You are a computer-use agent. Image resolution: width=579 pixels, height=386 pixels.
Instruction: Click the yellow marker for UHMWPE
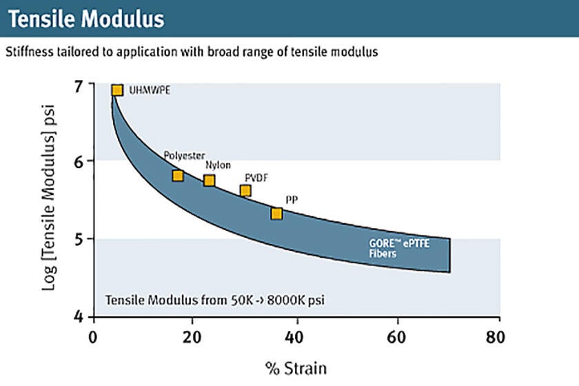point(117,90)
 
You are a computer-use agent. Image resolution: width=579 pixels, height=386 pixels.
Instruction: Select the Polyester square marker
point(178,176)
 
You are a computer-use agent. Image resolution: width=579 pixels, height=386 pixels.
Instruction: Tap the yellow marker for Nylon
point(210,181)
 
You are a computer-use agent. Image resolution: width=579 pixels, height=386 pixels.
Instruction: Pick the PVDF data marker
point(245,191)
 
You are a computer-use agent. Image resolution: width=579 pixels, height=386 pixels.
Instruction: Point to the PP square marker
point(276,214)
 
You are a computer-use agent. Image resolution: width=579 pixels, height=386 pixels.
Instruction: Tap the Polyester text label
point(184,156)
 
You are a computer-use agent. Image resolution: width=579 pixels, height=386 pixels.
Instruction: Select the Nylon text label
point(218,165)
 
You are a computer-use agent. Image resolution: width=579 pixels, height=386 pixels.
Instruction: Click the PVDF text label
point(256,178)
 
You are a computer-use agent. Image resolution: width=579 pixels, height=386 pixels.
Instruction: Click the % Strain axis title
point(296,367)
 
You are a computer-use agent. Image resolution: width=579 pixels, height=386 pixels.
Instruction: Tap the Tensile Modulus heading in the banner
point(86,19)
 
